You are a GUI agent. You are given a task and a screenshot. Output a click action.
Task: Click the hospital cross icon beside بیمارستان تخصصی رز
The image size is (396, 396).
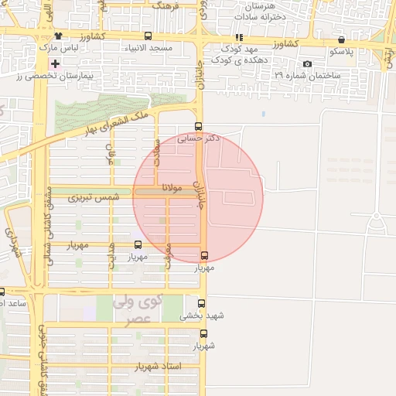point(55,63)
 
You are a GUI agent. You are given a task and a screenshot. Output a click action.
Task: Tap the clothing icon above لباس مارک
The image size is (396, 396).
point(57,36)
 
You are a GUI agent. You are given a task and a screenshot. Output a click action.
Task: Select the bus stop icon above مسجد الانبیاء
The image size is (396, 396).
point(148,36)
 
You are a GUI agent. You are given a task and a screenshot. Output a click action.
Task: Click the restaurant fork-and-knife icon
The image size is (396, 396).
point(239,36)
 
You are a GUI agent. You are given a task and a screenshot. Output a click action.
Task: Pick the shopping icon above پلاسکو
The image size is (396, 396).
point(341,39)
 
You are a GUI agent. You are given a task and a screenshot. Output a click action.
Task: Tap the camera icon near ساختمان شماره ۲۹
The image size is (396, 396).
point(308,63)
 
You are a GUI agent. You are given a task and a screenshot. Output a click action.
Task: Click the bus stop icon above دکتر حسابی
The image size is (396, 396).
point(199,127)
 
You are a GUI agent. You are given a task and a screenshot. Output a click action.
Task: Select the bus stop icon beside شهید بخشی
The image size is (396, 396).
point(202,304)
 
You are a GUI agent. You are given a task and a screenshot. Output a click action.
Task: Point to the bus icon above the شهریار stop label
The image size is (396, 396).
point(203,334)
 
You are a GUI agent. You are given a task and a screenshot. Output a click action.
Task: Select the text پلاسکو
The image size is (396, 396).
point(341,51)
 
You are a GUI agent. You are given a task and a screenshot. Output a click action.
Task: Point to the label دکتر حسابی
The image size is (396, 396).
point(199,138)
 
